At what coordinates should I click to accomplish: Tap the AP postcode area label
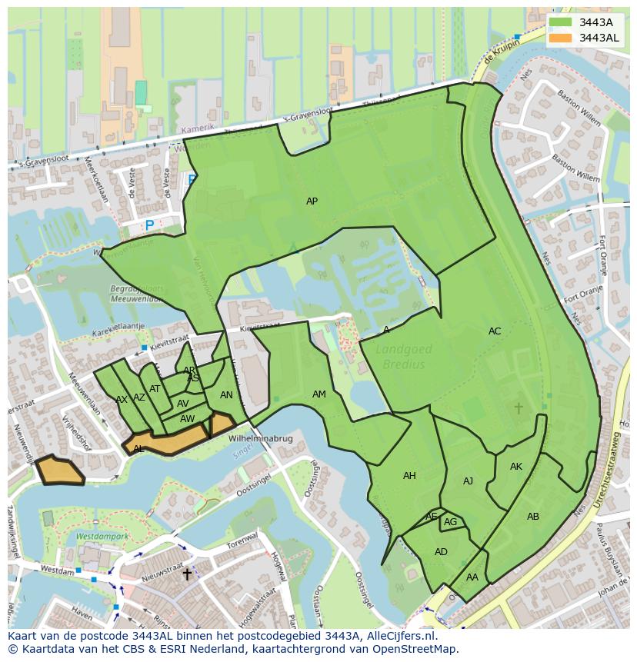point(312,201)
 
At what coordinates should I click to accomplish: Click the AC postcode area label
point(495,331)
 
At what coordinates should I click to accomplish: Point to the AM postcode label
point(319,394)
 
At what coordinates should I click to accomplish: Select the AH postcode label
point(409,476)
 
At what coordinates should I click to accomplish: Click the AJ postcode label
point(468,481)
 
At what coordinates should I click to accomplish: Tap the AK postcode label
point(516,467)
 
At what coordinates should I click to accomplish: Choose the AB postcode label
point(533,517)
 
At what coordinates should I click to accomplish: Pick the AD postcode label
point(441,552)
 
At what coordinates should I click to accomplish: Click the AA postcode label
point(472,577)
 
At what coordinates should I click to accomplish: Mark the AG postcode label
point(451,522)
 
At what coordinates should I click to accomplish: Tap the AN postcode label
point(226,395)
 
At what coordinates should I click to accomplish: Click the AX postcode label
point(122,400)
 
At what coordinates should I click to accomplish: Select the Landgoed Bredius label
point(404,357)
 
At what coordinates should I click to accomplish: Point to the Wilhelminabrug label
point(261,438)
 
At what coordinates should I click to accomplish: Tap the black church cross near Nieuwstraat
point(186,574)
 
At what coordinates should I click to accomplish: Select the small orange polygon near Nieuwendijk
point(59,471)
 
